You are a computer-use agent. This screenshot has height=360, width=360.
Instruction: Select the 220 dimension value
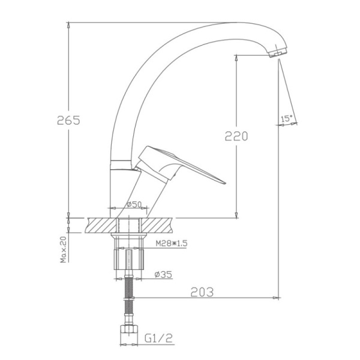pyautogui.click(x=236, y=136)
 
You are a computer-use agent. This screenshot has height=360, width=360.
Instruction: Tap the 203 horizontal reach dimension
pyautogui.click(x=202, y=292)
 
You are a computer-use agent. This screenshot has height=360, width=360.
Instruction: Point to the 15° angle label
pyautogui.click(x=287, y=119)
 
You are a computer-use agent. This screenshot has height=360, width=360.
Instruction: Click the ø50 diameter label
pyautogui.click(x=134, y=205)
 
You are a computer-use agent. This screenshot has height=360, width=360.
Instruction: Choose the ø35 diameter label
pyautogui.click(x=163, y=274)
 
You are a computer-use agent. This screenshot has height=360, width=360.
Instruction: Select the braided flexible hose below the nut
pyautogui.click(x=128, y=300)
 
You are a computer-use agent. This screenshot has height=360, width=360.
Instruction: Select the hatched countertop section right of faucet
pyautogui.click(x=158, y=225)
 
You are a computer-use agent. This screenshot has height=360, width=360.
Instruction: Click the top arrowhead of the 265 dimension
pyautogui.click(x=68, y=26)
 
